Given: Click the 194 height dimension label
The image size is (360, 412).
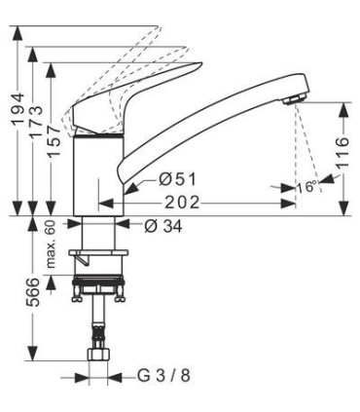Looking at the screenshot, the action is (18, 110).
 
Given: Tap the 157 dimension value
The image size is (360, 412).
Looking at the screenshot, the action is (54, 140).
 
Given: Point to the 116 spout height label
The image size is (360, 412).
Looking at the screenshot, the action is (342, 153).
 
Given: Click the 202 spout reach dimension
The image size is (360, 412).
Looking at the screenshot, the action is (182, 203).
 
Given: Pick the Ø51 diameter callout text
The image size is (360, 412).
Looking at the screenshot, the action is (177, 179).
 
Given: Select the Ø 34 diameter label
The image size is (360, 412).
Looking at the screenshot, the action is (163, 226).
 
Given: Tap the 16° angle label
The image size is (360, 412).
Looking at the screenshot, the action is (306, 187).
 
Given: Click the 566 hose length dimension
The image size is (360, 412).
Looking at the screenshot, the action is (33, 292).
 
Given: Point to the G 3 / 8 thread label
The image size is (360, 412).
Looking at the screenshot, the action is (163, 376).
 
